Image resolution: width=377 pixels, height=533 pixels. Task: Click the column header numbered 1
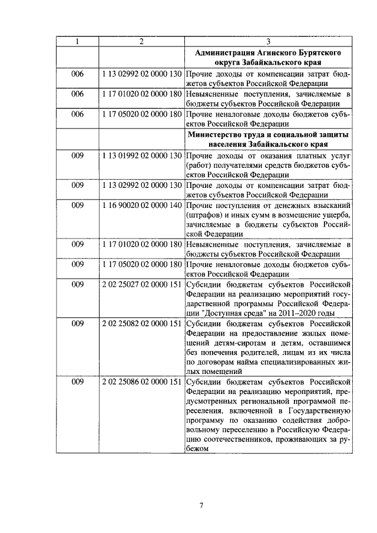pyautogui.click(x=78, y=42)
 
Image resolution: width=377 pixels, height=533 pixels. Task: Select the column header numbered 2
pyautogui.click(x=141, y=42)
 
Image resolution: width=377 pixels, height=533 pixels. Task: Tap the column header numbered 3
pyautogui.click(x=268, y=42)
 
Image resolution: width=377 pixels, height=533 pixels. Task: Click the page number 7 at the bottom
pyautogui.click(x=200, y=505)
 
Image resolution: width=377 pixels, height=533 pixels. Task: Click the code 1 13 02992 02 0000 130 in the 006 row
pyautogui.click(x=141, y=75)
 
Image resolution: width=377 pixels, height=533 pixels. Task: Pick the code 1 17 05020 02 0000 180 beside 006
pyautogui.click(x=141, y=114)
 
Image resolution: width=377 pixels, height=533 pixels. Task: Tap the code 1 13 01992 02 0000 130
pyautogui.click(x=141, y=155)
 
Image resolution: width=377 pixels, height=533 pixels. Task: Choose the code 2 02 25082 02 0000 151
pyautogui.click(x=141, y=323)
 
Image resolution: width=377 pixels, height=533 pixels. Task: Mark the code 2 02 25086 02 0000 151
pyautogui.click(x=141, y=382)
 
